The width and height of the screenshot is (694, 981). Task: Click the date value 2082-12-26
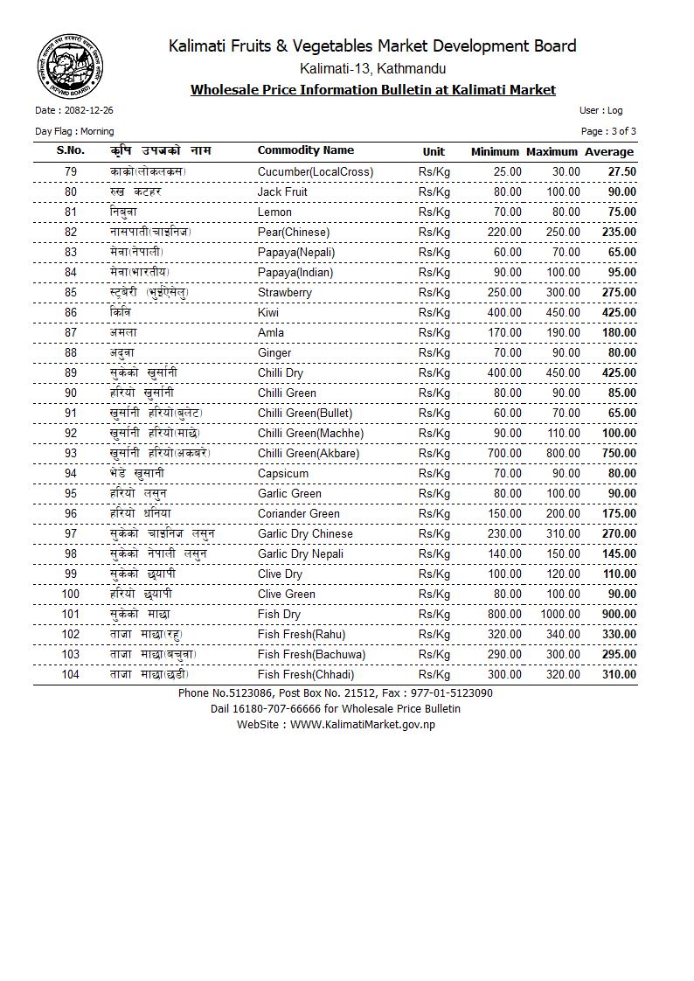tap(87, 111)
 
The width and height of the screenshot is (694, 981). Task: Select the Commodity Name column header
tap(305, 150)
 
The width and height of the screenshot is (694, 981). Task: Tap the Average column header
tap(609, 152)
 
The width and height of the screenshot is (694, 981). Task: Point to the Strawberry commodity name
tap(284, 292)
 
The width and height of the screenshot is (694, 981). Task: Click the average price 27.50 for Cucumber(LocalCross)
tap(621, 172)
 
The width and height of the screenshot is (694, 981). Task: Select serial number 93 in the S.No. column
tap(71, 453)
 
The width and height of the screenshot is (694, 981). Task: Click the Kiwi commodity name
tap(268, 312)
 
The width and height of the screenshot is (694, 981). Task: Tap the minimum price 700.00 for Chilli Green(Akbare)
tap(503, 453)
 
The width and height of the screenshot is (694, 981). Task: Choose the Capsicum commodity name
tap(282, 473)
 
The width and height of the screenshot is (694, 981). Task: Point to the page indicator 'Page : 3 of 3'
tap(608, 131)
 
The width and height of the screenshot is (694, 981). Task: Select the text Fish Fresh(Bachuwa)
tap(311, 654)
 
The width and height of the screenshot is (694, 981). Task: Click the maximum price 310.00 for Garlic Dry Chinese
tap(563, 533)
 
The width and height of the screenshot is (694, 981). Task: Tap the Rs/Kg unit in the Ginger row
tap(434, 352)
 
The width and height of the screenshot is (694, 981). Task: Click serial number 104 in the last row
tap(71, 674)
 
